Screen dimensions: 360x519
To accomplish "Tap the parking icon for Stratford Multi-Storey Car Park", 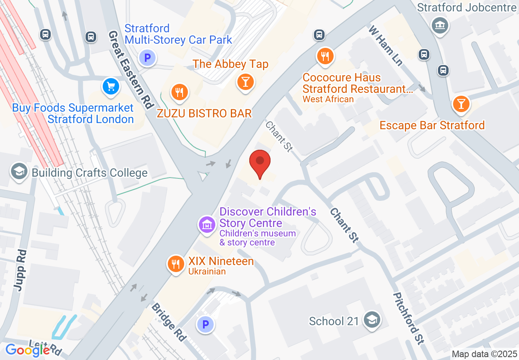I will pyautogui.click(x=147, y=57).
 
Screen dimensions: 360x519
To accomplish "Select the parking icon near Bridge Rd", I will pyautogui.click(x=205, y=325).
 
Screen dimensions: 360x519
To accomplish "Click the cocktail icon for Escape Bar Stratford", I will pyautogui.click(x=461, y=103).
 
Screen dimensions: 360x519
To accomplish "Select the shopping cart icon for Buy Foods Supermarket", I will pyautogui.click(x=111, y=86).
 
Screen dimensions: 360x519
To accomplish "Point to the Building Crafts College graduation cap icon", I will pyautogui.click(x=19, y=171).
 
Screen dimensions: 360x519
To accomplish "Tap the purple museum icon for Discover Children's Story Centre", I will pyautogui.click(x=207, y=224).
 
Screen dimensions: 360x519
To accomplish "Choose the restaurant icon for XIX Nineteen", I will pyautogui.click(x=176, y=264).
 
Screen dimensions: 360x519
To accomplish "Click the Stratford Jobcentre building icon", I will pyautogui.click(x=440, y=26).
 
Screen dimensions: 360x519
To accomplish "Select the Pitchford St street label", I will pyautogui.click(x=408, y=318).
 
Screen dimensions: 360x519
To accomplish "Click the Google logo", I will pyautogui.click(x=27, y=350).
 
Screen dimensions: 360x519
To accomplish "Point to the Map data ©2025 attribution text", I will pyautogui.click(x=484, y=354).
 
